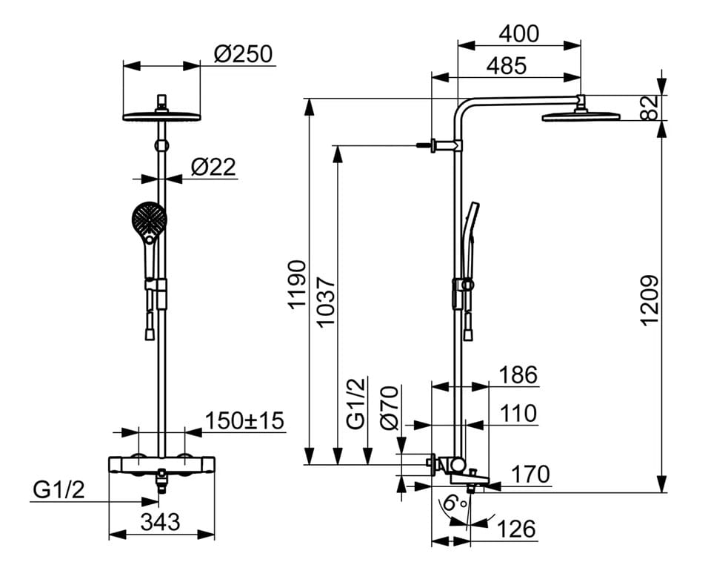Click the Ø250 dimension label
(x=243, y=54)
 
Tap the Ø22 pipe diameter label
(x=213, y=167)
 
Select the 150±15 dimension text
(x=244, y=420)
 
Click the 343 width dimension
(x=160, y=522)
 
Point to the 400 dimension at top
(x=519, y=34)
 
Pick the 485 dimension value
(x=506, y=66)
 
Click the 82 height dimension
(x=649, y=108)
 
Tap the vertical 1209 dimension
(x=649, y=300)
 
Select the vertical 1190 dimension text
(x=298, y=285)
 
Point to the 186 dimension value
(x=518, y=375)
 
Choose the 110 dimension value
(x=518, y=413)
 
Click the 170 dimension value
(x=530, y=475)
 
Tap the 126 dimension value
(x=516, y=529)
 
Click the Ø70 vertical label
(x=390, y=407)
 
